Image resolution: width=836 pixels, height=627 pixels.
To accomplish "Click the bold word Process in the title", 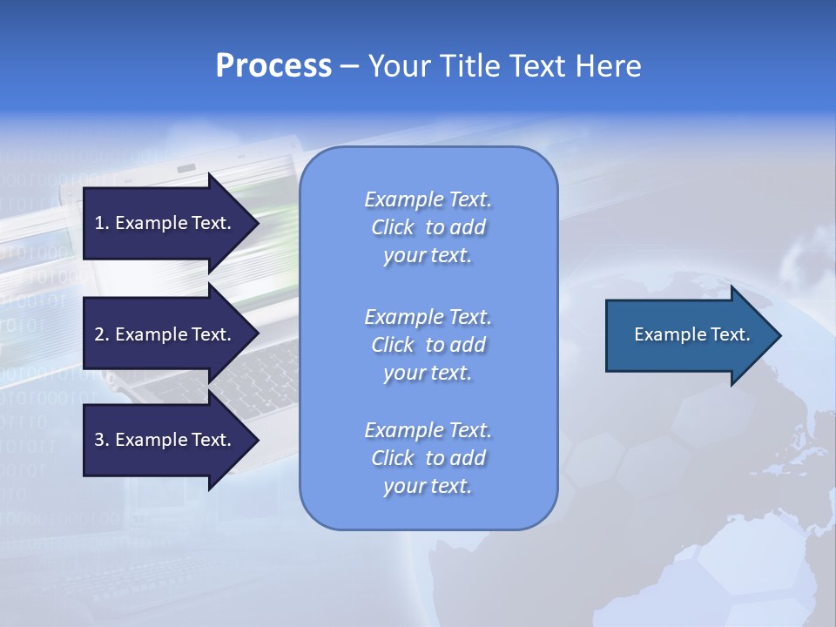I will [273, 66].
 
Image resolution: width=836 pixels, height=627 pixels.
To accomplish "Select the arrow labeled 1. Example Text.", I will [165, 223].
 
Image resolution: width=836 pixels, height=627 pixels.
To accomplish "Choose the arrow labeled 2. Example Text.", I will [165, 334].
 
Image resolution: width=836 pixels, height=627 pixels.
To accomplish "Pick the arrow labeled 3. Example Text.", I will [165, 440].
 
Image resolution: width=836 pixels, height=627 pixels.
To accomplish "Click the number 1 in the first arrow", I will [99, 223].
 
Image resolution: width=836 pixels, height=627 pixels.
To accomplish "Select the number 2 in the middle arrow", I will [99, 334].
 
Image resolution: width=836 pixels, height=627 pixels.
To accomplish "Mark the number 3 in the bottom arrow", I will [99, 440].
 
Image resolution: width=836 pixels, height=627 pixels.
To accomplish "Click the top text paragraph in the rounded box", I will [428, 227].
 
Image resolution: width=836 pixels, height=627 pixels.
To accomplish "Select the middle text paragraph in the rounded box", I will [428, 345].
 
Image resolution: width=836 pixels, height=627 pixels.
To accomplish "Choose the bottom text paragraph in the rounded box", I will [428, 458].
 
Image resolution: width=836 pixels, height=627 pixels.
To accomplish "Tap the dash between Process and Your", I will [349, 66].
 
